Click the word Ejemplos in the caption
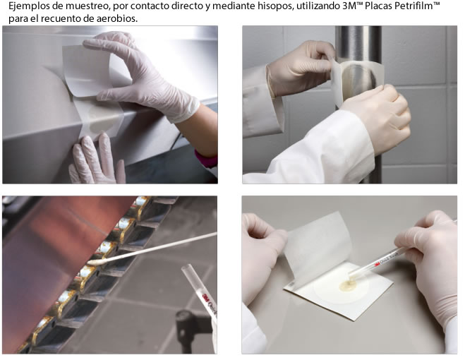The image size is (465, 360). pos(25,6)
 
